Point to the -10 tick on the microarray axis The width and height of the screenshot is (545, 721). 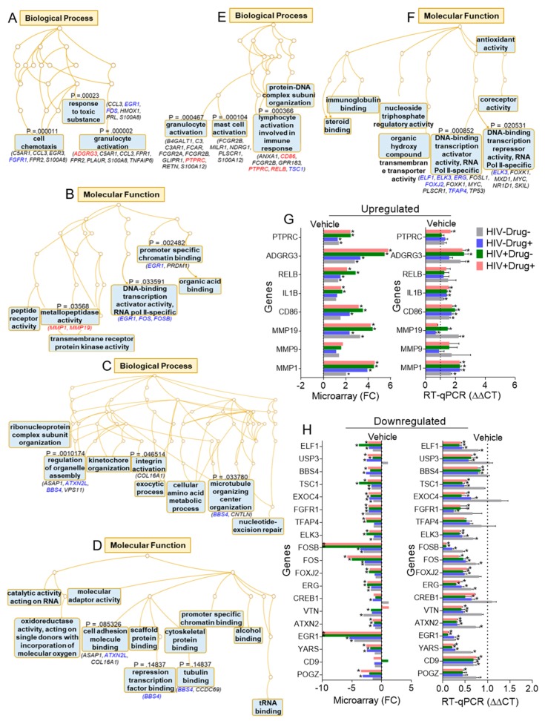pos(323,699)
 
